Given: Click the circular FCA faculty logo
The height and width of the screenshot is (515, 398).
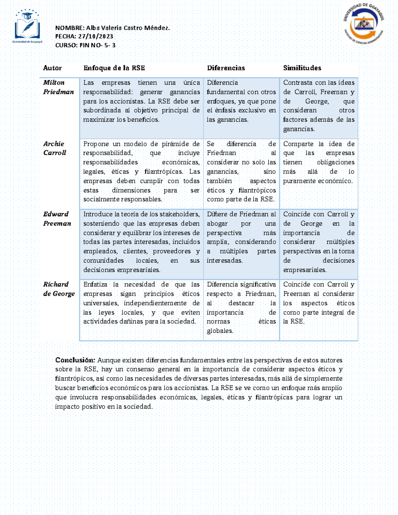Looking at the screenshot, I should [x=364, y=25].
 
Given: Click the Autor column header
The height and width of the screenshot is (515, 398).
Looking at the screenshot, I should [x=52, y=68].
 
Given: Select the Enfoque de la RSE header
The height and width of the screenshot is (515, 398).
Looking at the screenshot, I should [x=114, y=68].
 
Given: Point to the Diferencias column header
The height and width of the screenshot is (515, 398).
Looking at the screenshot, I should [x=226, y=68].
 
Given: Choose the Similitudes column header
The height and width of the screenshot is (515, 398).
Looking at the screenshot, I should [x=302, y=68].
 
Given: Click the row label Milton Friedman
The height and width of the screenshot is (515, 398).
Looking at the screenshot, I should [x=58, y=87].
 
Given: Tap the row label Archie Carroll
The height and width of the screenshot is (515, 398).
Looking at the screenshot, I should [x=55, y=148].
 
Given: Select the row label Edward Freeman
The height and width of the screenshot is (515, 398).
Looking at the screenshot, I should [x=57, y=219].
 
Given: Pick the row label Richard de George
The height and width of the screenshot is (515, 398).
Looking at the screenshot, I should [x=59, y=289].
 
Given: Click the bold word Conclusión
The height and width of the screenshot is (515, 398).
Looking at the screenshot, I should [x=75, y=360].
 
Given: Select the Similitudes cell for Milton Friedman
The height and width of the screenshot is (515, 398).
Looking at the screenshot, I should [x=318, y=106].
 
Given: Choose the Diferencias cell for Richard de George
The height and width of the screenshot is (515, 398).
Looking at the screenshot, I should [x=241, y=308].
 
